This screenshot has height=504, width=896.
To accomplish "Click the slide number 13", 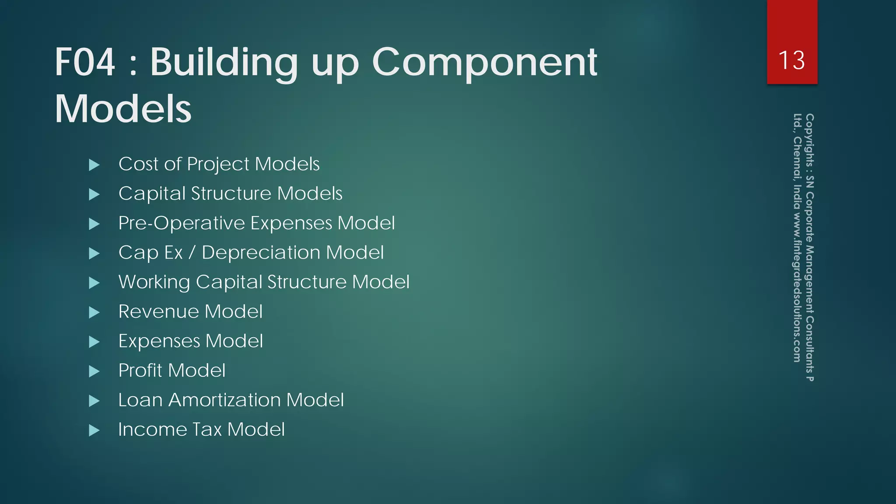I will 791,60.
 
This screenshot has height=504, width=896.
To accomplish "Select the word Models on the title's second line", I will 123,108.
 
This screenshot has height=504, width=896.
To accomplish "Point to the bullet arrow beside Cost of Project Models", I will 94,165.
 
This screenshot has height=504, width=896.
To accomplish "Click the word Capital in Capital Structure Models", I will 152,193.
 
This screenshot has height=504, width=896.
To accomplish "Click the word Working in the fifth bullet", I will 154,282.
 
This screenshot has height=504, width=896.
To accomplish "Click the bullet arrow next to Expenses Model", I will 94,342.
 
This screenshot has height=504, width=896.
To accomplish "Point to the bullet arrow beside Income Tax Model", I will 94,430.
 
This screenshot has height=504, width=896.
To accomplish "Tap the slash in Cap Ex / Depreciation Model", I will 192,252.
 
